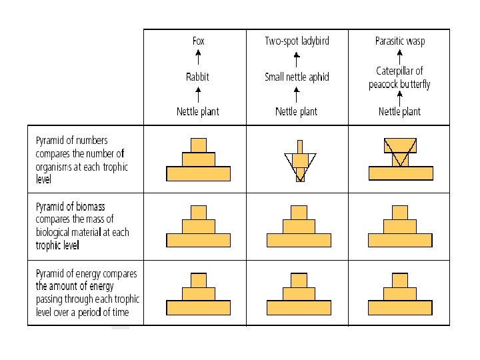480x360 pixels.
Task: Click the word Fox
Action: pos(199,41)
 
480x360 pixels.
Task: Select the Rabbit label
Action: pos(198,77)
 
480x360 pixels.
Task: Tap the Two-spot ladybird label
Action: pos(297,41)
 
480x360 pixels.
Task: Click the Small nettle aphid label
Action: pos(297,77)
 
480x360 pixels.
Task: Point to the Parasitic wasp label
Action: pos(400,41)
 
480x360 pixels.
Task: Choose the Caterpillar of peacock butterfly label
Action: pos(399,77)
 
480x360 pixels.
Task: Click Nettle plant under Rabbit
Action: pos(198,111)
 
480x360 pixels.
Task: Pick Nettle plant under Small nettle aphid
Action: pos(297,111)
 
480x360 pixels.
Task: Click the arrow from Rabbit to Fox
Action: pos(199,57)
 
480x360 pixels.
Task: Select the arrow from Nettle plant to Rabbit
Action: pos(199,94)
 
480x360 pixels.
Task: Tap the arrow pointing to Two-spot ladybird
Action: pos(297,57)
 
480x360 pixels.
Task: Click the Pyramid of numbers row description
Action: pos(81,160)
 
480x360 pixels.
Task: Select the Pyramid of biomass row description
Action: pos(82,227)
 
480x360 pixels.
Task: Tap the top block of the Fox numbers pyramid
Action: pos(199,145)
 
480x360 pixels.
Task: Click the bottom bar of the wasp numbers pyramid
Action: pos(400,173)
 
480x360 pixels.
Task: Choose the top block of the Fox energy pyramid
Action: pos(199,280)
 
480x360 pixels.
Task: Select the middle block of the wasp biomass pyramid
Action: pos(400,227)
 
